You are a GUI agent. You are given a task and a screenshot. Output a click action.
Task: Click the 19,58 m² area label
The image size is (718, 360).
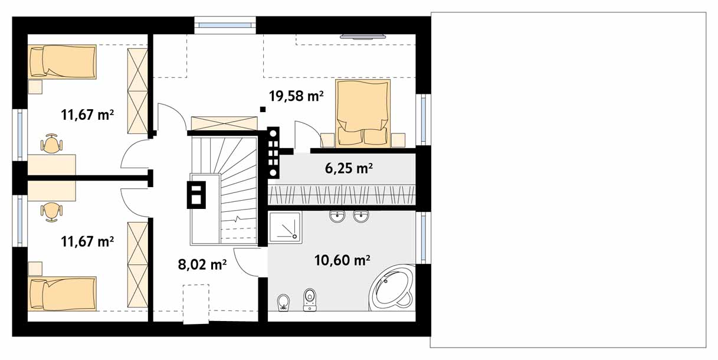click(x=296, y=96)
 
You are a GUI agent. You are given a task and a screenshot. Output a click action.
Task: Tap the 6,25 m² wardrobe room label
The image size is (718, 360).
click(x=349, y=168)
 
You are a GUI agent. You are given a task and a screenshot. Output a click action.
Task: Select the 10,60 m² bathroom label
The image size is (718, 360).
click(x=342, y=260)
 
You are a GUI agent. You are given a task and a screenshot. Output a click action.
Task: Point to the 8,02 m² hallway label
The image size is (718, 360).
click(x=202, y=264)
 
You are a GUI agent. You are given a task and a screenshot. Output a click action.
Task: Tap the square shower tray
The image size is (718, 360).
click(x=285, y=227)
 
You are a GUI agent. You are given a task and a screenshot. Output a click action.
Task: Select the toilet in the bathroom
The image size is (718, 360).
click(x=310, y=300)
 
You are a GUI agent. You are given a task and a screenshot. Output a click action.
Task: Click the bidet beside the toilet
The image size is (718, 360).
click(x=283, y=303)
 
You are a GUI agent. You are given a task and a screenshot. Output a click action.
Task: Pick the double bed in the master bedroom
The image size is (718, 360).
click(x=362, y=113)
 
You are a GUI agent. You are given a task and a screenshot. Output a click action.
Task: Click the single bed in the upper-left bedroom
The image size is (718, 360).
click(x=62, y=61)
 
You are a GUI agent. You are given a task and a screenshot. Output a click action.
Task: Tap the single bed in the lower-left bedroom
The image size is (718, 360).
click(x=62, y=294)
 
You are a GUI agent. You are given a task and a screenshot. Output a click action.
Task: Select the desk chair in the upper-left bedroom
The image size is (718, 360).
click(x=51, y=143)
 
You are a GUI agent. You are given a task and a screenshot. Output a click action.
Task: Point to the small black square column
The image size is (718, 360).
click(x=263, y=109)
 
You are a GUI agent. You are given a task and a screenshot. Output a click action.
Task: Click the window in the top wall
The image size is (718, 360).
click(x=225, y=25)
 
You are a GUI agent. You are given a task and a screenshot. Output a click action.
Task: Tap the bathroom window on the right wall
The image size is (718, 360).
click(x=424, y=238)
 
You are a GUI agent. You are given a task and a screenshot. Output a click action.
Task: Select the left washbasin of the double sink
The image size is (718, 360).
click(x=337, y=217)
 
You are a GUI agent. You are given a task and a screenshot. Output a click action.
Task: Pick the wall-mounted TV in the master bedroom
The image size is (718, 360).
click(x=363, y=37)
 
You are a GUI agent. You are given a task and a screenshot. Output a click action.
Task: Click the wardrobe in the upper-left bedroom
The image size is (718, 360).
click(x=137, y=91)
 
